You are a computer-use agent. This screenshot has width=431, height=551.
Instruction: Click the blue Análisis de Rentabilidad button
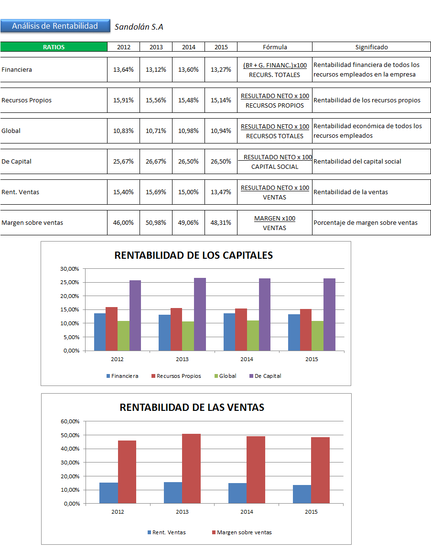54,26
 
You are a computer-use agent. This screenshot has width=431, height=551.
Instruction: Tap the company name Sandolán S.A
139,27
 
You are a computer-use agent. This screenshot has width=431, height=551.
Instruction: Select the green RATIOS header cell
54,47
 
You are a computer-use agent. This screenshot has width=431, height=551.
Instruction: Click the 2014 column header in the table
188,47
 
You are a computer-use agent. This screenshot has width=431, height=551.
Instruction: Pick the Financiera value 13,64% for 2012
123,69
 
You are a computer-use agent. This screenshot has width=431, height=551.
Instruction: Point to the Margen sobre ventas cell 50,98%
156,222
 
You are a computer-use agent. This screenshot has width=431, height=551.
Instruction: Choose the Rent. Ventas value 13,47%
221,192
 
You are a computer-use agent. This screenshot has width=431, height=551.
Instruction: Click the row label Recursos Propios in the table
27,100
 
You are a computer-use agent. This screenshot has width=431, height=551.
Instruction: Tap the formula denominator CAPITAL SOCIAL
275,166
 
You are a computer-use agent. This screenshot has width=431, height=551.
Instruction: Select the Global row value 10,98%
188,131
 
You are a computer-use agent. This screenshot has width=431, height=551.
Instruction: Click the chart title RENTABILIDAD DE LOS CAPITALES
194,255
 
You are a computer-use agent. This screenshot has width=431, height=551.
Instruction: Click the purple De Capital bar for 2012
135,315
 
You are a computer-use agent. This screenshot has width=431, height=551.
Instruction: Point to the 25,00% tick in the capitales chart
70,282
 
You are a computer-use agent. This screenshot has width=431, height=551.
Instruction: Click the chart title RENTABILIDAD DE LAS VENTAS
192,407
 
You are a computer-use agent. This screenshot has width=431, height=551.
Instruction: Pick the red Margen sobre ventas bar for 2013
191,468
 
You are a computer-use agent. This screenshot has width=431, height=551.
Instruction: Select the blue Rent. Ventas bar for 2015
302,494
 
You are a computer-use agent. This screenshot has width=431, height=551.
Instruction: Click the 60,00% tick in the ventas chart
70,421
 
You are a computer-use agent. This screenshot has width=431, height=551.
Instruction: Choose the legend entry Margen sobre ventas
244,532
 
